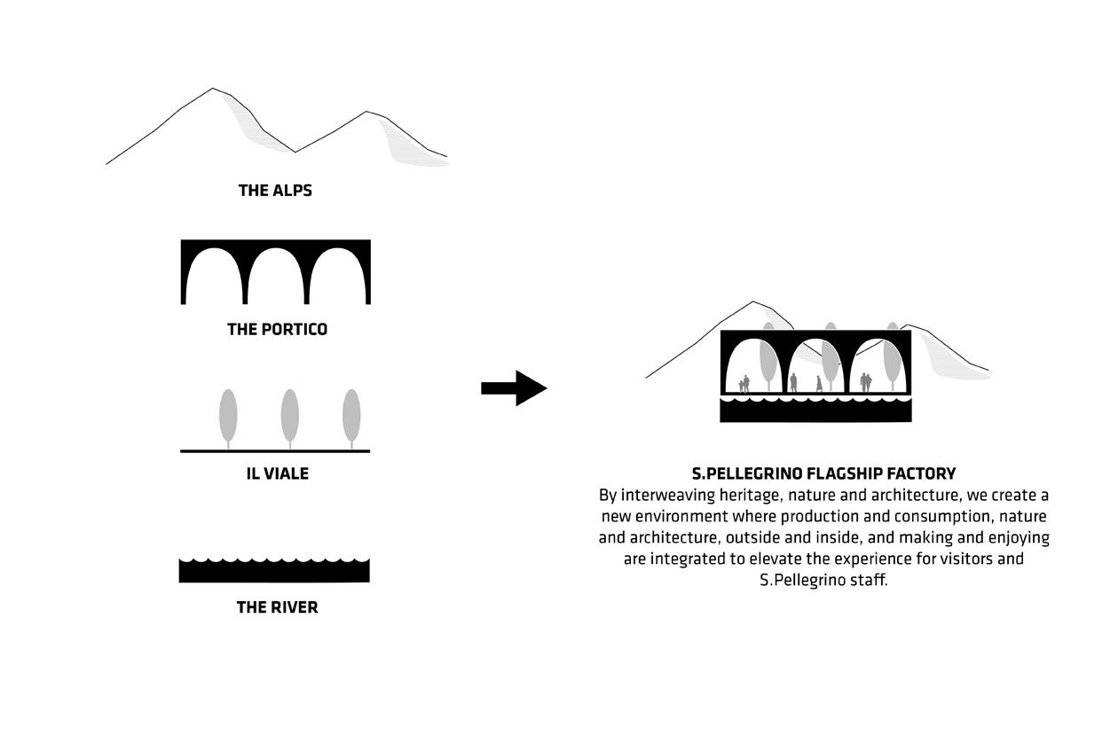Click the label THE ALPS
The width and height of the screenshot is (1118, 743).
pos(275,190)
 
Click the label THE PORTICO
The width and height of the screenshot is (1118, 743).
pos(277,329)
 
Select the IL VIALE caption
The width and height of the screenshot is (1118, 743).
pos(277,473)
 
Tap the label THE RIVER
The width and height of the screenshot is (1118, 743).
pos(277,607)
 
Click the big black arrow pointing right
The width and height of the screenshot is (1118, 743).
pos(514,387)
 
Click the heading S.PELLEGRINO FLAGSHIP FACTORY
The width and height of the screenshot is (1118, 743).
pos(823,473)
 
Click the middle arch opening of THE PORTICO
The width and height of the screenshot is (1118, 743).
pos(276,279)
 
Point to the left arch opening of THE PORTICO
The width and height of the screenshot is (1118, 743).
pos(214,279)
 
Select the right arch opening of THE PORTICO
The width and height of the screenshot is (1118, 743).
pos(338,279)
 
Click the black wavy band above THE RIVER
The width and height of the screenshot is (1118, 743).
pos(274,571)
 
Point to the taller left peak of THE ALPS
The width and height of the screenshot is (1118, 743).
pos(212,90)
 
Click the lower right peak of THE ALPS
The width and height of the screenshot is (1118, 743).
pos(366,113)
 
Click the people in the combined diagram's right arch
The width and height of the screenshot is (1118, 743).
pos(866,382)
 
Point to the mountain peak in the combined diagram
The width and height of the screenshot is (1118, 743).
pos(753,302)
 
